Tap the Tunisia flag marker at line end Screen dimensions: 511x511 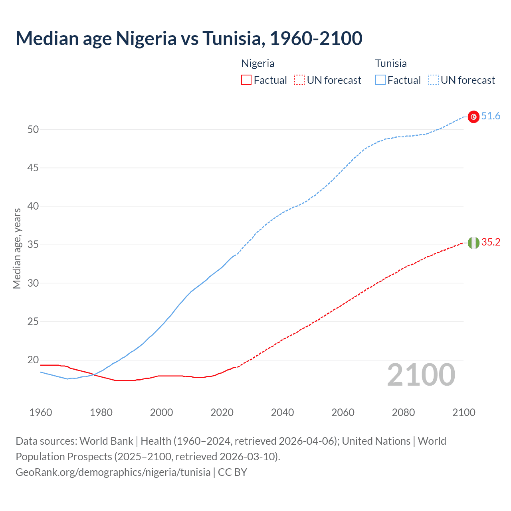point(473,117)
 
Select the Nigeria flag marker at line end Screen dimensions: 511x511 point(473,243)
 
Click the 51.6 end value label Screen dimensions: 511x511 point(491,116)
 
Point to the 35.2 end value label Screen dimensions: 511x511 point(491,242)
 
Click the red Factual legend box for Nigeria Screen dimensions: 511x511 point(246,80)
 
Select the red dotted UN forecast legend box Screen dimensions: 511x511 point(299,80)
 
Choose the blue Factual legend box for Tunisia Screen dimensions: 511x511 point(380,80)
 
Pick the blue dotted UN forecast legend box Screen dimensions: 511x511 point(434,80)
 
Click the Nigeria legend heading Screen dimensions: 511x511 point(258,63)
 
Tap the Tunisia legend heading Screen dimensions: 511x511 point(391,63)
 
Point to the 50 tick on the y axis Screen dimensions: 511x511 point(33,129)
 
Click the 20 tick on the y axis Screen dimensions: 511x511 point(33,360)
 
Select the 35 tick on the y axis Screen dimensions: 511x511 point(33,245)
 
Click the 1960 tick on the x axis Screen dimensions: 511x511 point(41,412)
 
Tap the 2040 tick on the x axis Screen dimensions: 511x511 point(283,412)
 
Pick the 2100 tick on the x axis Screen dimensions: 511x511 point(464,412)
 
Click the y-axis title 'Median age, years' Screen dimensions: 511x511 point(17,248)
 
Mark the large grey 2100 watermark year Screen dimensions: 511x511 point(421,375)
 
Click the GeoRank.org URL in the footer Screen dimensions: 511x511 point(113,472)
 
